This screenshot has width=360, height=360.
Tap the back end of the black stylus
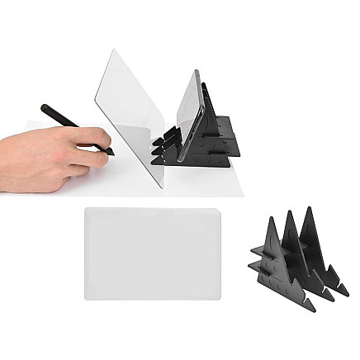tap(44, 107)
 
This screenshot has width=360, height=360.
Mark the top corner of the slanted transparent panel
tap(111, 50)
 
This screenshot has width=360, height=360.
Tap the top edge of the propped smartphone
tap(197, 71)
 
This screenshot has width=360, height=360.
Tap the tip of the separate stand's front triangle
tap(272, 218)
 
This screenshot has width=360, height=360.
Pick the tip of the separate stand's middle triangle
tap(291, 211)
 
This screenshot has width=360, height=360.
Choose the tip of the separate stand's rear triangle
tap(310, 206)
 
